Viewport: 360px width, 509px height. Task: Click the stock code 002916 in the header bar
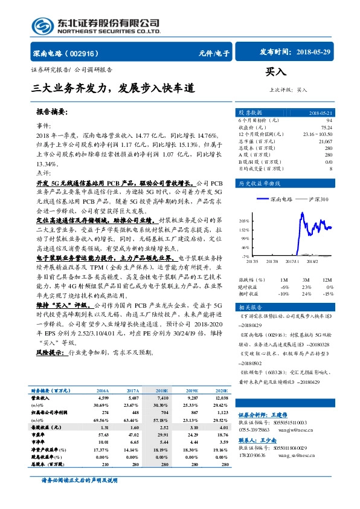(89, 53)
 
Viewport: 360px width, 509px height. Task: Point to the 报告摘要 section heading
(52, 112)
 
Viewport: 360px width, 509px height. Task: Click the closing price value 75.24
(326, 128)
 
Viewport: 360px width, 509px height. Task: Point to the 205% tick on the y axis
(244, 221)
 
